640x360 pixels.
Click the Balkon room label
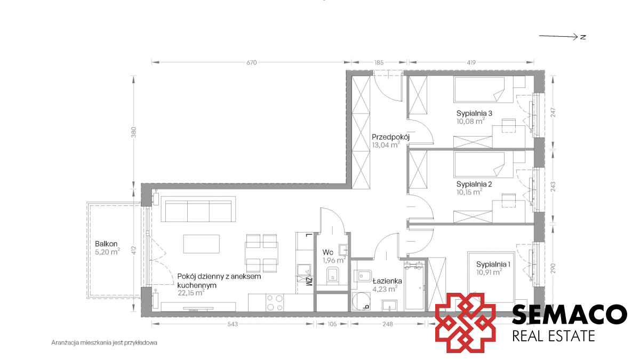pyautogui.click(x=106, y=244)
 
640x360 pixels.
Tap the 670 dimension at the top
pyautogui.click(x=251, y=62)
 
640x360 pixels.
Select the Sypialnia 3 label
pyautogui.click(x=474, y=113)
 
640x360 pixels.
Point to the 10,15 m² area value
pyautogui.click(x=469, y=191)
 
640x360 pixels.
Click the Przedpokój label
pyautogui.click(x=390, y=137)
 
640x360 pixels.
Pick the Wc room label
pyautogui.click(x=327, y=252)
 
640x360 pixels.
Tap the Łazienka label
pyautogui.click(x=387, y=281)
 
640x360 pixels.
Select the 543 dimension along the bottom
pyautogui.click(x=233, y=324)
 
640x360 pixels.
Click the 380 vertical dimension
pyautogui.click(x=133, y=132)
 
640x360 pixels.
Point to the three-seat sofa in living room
pyautogui.click(x=198, y=209)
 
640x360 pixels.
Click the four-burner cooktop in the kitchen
pyautogui.click(x=275, y=302)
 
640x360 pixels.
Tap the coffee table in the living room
pyautogui.click(x=202, y=244)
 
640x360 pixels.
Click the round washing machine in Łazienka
pyautogui.click(x=361, y=301)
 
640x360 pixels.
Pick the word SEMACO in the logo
pyautogui.click(x=570, y=314)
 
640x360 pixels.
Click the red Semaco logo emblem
pyautogui.click(x=466, y=322)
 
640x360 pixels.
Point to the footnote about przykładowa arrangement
pyautogui.click(x=105, y=342)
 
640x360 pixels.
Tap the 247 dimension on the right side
pyautogui.click(x=553, y=113)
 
